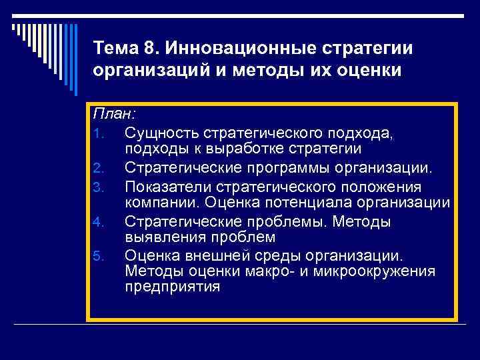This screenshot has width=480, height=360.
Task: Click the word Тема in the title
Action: [117, 49]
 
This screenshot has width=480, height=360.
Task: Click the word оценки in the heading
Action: [369, 71]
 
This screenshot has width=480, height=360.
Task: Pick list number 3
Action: [98, 185]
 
